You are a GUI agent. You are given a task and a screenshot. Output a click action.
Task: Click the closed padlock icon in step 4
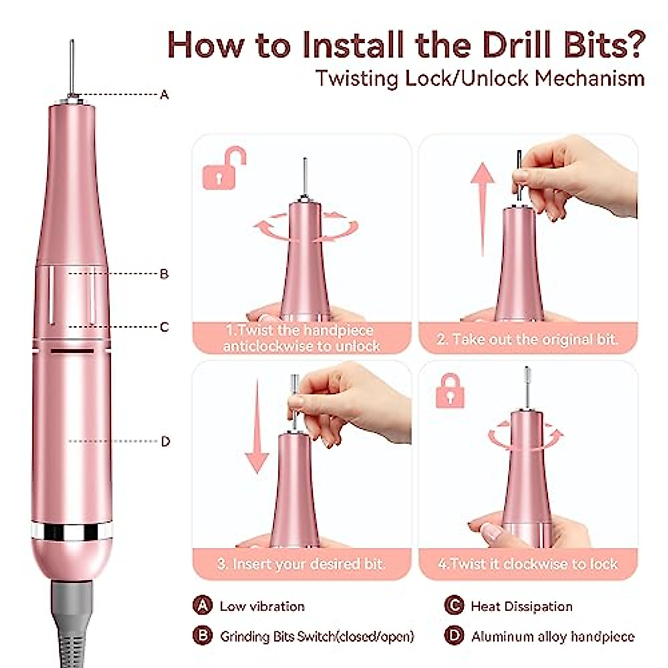tap(450, 391)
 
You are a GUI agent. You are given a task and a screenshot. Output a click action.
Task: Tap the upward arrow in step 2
tap(483, 209)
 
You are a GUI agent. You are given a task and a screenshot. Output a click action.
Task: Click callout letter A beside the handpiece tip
tap(164, 95)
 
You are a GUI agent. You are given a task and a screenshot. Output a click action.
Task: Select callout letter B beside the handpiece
tap(164, 274)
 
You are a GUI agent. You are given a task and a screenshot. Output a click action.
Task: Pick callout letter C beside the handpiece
tap(164, 327)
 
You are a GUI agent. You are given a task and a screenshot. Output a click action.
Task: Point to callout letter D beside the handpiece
tap(166, 441)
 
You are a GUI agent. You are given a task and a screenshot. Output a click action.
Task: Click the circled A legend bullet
tap(203, 605)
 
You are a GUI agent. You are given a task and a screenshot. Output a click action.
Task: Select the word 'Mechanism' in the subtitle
tap(590, 79)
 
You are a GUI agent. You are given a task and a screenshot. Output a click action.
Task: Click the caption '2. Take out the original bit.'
tap(527, 339)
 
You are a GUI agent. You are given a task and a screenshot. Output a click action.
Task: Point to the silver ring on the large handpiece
tap(72, 531)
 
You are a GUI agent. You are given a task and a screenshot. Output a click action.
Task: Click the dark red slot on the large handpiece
tap(72, 351)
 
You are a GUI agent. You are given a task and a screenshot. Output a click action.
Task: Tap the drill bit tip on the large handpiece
tap(72, 41)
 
